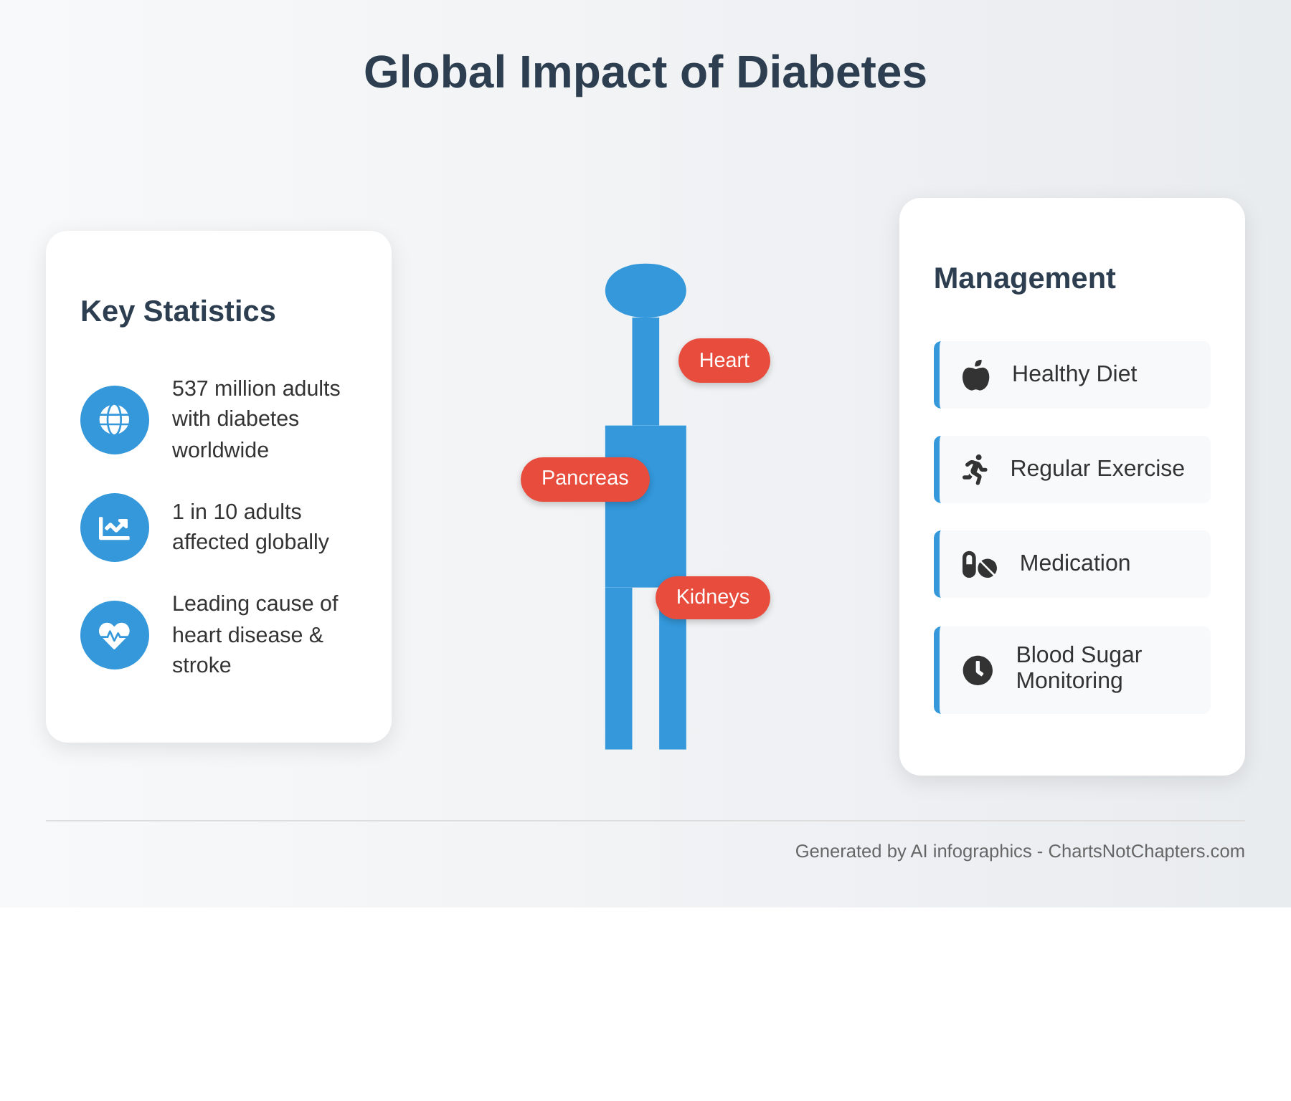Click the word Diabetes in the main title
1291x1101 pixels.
point(831,72)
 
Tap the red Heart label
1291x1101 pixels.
point(724,361)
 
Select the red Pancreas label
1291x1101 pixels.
point(585,478)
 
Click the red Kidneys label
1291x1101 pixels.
point(712,597)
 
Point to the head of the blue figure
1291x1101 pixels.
point(645,290)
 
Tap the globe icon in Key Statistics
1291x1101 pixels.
point(115,420)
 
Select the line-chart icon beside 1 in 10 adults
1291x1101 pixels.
point(115,528)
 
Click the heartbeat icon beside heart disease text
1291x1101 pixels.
point(115,635)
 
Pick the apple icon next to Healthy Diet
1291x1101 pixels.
point(975,375)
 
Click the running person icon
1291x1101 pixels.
point(975,470)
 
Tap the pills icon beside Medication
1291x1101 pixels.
point(979,565)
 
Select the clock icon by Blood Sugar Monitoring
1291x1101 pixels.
point(978,670)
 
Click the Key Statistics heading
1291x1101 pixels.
point(178,311)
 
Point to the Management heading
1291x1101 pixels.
point(1024,278)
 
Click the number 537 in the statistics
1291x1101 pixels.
point(190,389)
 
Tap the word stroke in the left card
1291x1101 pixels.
point(202,665)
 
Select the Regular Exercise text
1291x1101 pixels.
point(1097,469)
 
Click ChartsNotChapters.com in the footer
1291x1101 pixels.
point(1146,851)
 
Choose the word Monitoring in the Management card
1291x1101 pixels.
point(1069,680)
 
